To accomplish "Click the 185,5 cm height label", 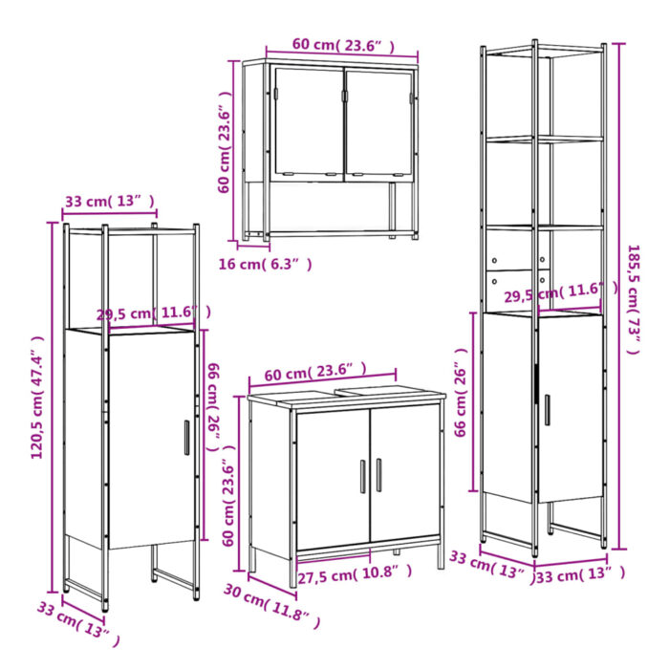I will pos(632,298).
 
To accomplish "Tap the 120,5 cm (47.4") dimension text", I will pos(38,397).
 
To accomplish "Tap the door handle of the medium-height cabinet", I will pos(186,437).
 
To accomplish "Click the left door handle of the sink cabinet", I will pos(362,476).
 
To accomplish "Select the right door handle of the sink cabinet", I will pos(378,475).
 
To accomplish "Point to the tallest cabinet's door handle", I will pos(547,409).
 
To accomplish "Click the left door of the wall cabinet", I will pos(308,122).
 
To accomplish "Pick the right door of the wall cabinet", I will pos(378,122).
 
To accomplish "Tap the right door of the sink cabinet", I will pos(404,476).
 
